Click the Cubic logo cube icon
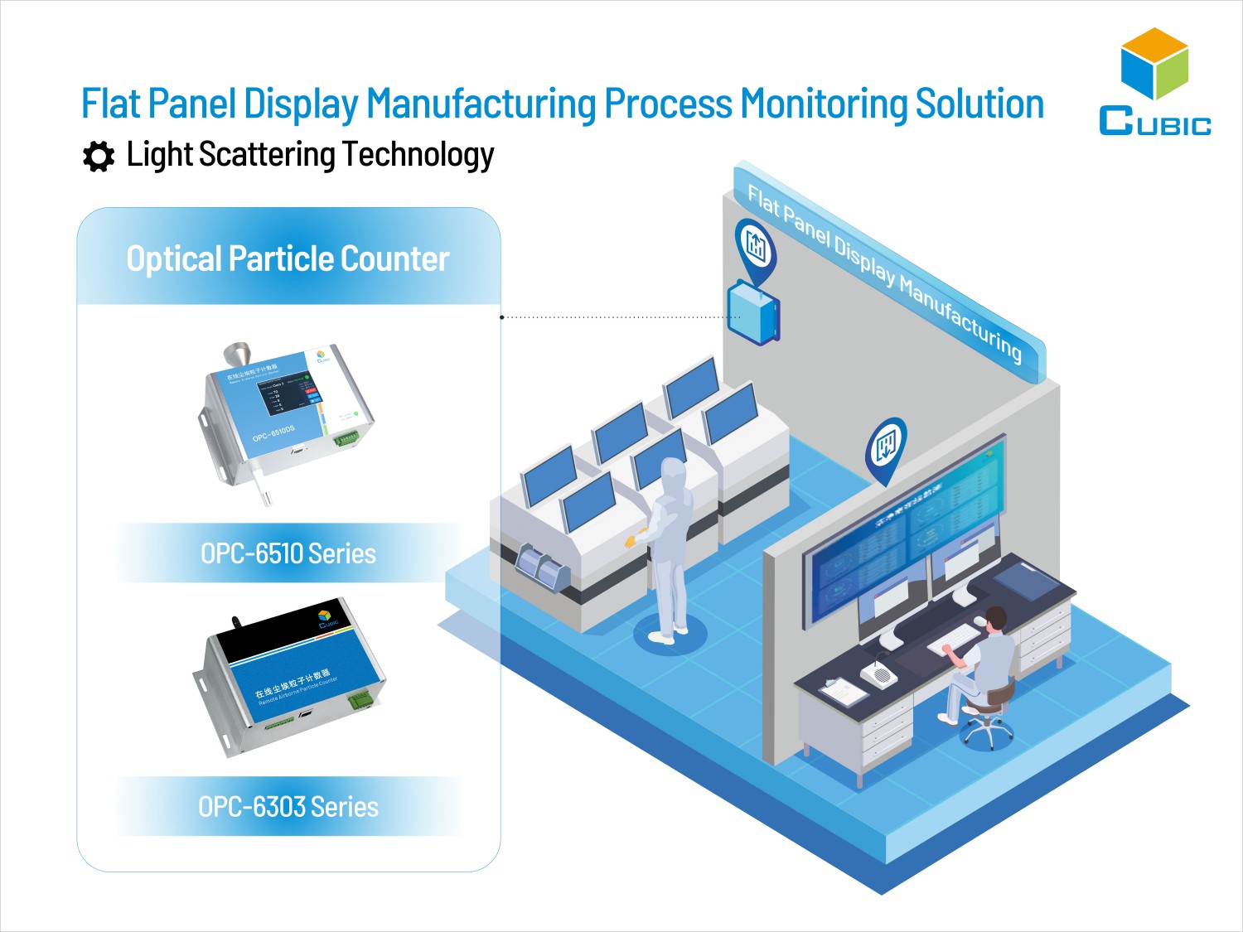[1154, 65]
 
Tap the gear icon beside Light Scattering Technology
[99, 157]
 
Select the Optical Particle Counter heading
[288, 259]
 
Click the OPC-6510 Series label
[288, 553]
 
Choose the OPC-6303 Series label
[288, 806]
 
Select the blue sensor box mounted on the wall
[752, 313]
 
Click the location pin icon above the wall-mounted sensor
[755, 247]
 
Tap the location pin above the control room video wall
[886, 448]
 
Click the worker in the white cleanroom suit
[669, 547]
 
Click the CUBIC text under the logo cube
[1154, 123]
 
